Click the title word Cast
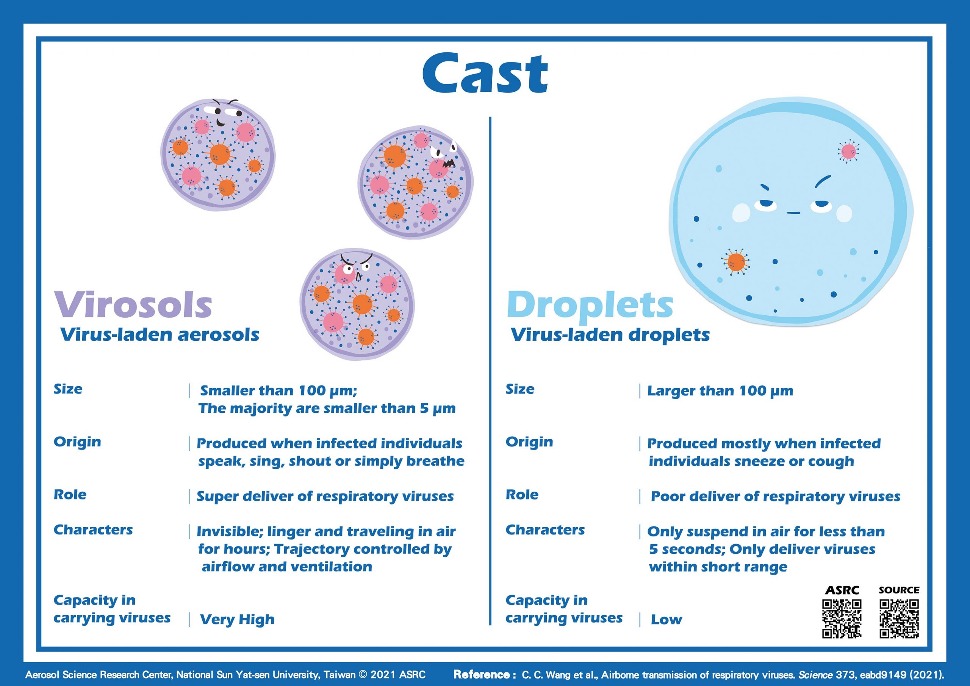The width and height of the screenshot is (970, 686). (x=485, y=72)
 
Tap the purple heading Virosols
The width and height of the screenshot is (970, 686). (x=133, y=304)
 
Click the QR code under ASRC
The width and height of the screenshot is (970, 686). (x=842, y=619)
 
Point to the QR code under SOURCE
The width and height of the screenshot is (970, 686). (x=899, y=619)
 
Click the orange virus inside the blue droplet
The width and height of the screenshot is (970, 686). (x=736, y=262)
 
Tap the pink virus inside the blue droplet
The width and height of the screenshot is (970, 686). (x=848, y=151)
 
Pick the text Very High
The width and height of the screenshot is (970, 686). (x=237, y=620)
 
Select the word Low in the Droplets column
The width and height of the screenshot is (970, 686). (x=666, y=620)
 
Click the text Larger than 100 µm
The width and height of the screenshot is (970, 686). (x=720, y=391)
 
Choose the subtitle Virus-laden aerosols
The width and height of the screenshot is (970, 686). (x=160, y=335)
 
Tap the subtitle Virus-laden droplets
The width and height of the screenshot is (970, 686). (x=610, y=335)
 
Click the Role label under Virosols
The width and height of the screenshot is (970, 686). (x=70, y=495)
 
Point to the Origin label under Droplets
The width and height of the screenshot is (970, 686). (x=529, y=442)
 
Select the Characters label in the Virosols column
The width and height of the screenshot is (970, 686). (x=93, y=529)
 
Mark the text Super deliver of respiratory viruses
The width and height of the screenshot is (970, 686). (x=325, y=496)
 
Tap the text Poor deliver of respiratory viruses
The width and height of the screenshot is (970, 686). (x=776, y=496)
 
